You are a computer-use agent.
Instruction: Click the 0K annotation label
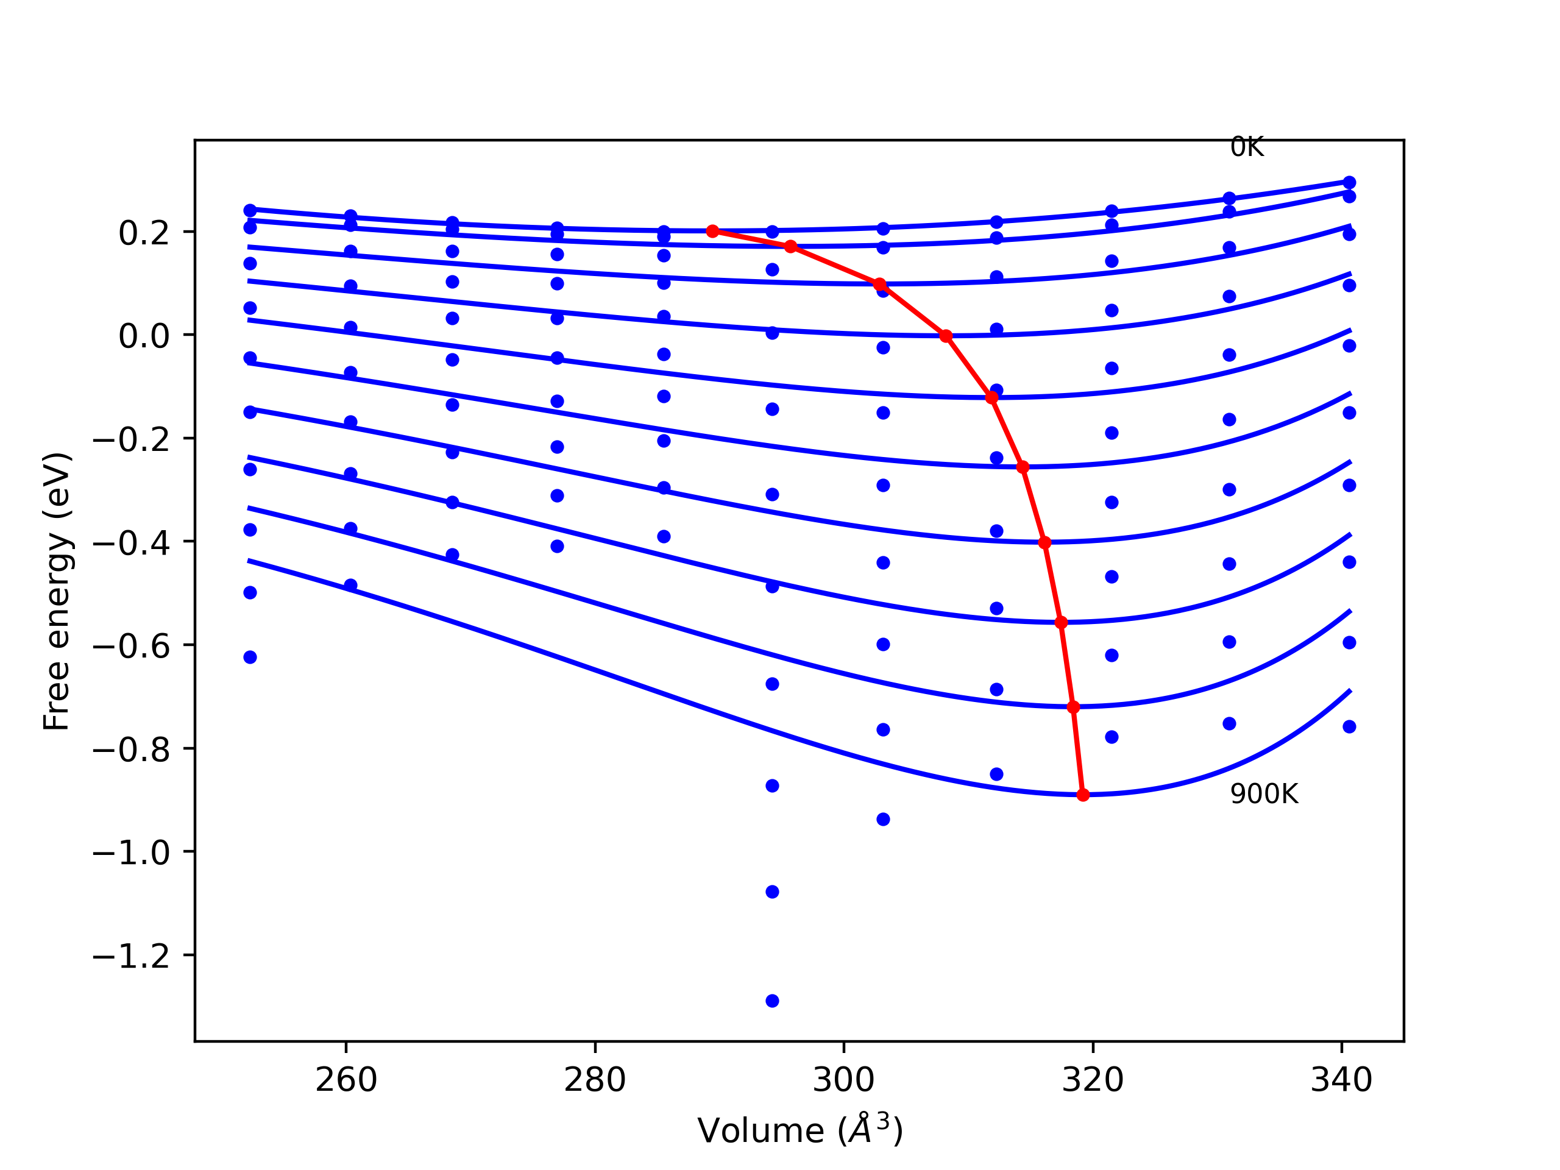1247,147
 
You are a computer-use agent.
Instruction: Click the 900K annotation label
1264,794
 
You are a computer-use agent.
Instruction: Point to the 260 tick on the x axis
346,1080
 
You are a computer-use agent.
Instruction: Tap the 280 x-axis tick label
595,1080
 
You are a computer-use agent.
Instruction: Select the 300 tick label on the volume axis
843,1080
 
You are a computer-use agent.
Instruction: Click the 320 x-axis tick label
1093,1080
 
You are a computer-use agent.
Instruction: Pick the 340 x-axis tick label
1341,1080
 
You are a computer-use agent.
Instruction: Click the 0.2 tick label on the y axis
144,233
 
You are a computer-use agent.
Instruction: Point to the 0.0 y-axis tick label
144,336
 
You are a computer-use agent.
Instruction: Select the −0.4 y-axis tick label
131,543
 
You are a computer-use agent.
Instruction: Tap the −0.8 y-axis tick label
131,750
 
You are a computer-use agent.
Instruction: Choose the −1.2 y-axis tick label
131,957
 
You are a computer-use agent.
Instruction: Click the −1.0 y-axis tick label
131,853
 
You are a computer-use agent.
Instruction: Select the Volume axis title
799,1130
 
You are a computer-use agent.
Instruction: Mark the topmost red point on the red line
712,232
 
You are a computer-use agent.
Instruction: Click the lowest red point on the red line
1083,795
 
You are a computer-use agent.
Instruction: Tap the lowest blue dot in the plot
772,1001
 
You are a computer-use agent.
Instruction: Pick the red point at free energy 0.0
946,336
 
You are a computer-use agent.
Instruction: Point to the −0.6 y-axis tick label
131,647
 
